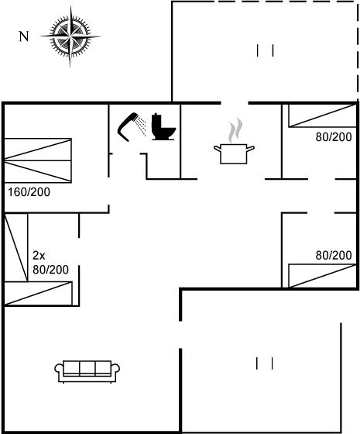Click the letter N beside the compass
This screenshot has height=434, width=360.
click(x=24, y=36)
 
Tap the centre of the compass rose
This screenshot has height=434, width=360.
click(x=70, y=36)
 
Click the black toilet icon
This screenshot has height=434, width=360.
click(x=163, y=126)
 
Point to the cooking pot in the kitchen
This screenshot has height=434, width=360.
click(x=234, y=153)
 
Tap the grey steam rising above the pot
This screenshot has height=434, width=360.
click(x=236, y=130)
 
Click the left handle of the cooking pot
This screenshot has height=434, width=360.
click(x=218, y=149)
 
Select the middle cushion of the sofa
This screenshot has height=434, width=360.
click(x=87, y=368)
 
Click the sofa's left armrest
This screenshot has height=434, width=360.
click(x=59, y=371)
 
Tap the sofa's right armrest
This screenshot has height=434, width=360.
click(x=115, y=371)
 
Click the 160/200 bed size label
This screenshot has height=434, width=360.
click(x=29, y=192)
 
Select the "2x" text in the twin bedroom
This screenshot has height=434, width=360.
click(x=39, y=256)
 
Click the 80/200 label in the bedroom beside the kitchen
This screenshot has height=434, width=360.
click(x=334, y=137)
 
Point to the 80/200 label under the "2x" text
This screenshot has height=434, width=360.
click(x=50, y=270)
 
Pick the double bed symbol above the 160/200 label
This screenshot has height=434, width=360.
click(x=38, y=160)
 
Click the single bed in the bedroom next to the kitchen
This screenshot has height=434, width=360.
click(x=322, y=115)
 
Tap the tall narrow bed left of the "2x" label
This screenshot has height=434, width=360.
click(x=16, y=247)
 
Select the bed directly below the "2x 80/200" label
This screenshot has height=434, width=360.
click(x=38, y=294)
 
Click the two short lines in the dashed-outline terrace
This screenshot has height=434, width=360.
click(x=265, y=50)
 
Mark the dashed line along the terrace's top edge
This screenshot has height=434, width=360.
click(x=266, y=2)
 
